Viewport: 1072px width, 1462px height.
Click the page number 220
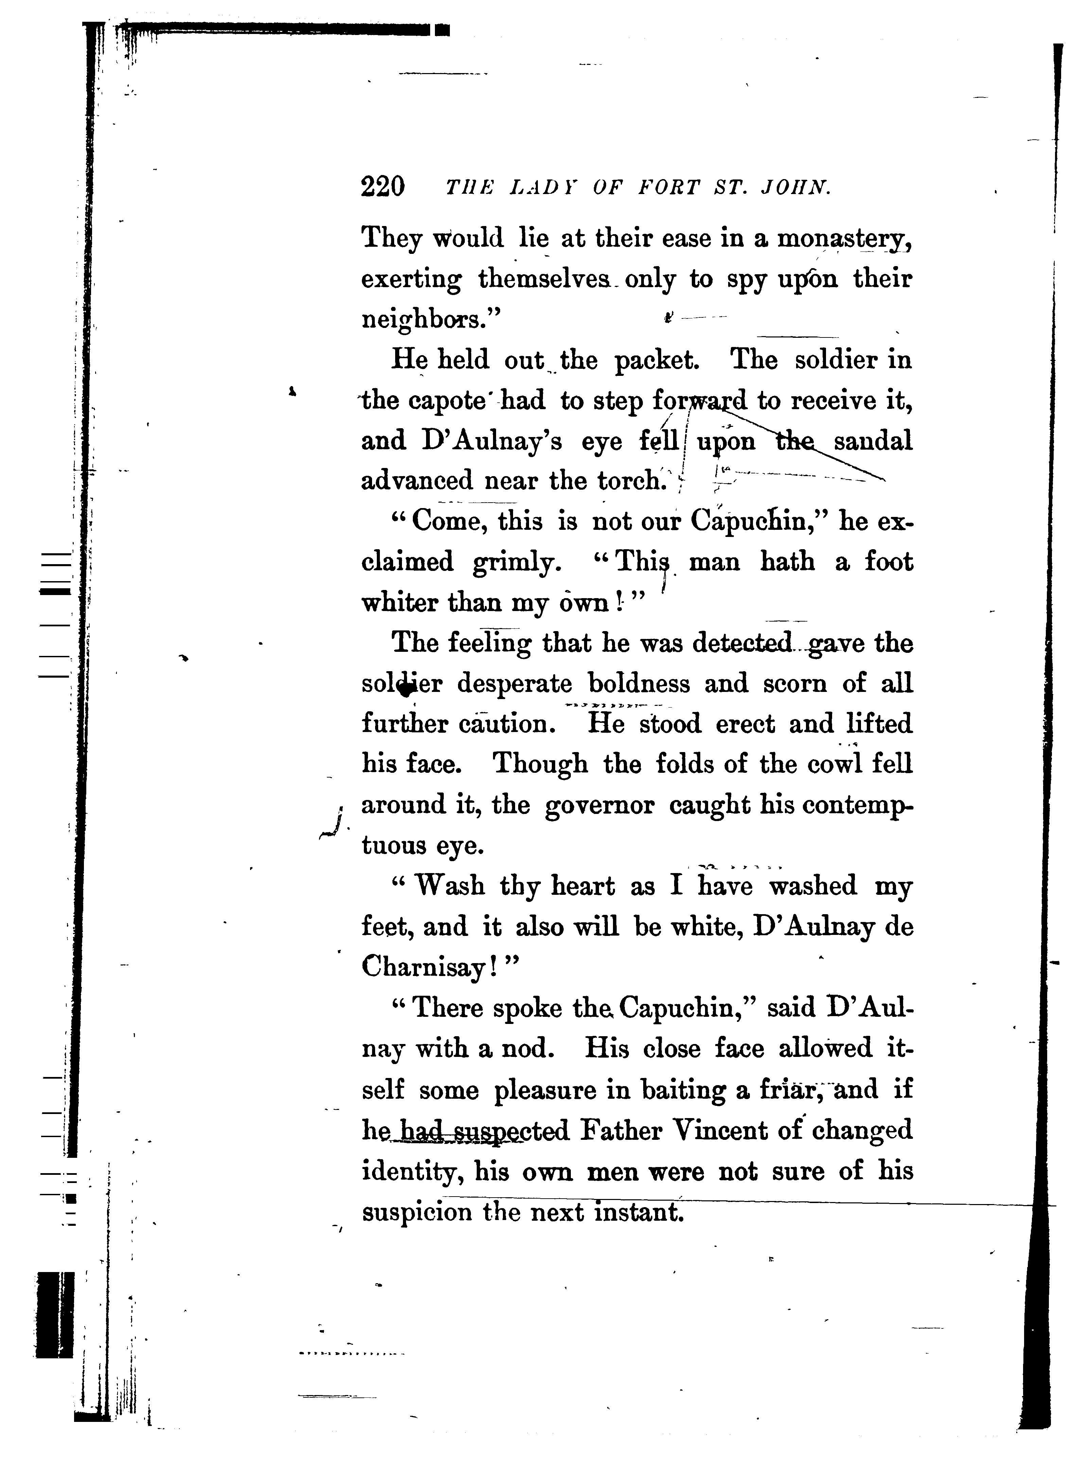(x=382, y=188)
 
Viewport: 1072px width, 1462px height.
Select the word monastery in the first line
(x=845, y=240)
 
